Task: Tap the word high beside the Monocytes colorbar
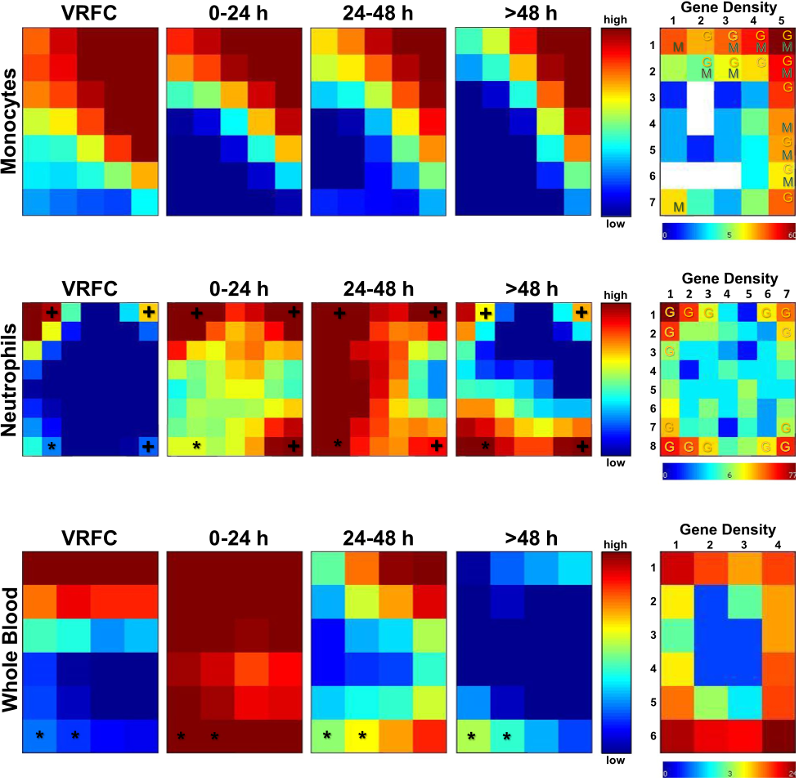[x=613, y=17]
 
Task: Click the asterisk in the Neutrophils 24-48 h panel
[x=337, y=444]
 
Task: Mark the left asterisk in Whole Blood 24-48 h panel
[x=327, y=735]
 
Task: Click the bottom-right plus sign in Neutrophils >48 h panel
[x=581, y=445]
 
